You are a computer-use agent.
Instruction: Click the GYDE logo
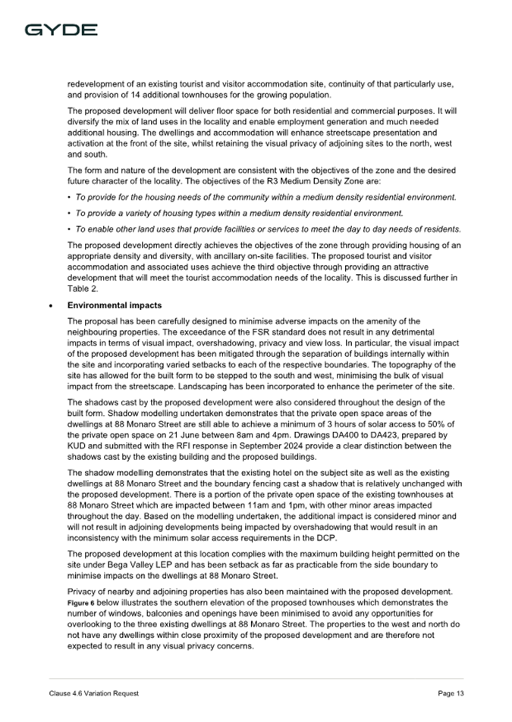pyautogui.click(x=61, y=30)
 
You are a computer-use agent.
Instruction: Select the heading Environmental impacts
pyautogui.click(x=114, y=305)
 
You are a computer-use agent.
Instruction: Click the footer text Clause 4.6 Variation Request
pyautogui.click(x=91, y=693)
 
